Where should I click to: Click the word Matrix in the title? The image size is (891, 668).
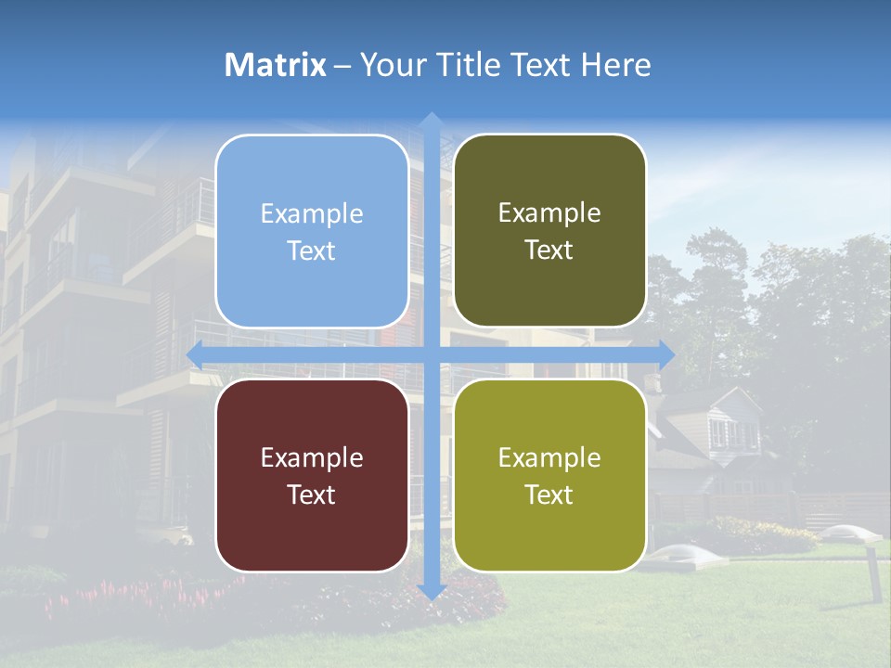[x=276, y=65]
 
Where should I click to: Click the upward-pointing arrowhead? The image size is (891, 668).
[x=431, y=120]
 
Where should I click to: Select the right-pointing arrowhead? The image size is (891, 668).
[x=665, y=353]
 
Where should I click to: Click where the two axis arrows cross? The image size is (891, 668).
[x=431, y=353]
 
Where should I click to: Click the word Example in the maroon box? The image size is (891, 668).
[x=312, y=457]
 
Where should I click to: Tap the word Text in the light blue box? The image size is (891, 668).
[x=312, y=250]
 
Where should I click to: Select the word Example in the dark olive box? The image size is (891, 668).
[x=549, y=212]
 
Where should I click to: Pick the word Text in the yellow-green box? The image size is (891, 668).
[x=549, y=495]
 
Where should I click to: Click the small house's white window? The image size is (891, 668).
[x=722, y=431]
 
